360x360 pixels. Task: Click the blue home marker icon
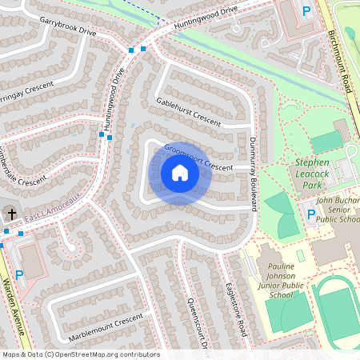[x=180, y=173]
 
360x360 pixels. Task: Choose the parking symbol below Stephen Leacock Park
[x=311, y=214]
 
